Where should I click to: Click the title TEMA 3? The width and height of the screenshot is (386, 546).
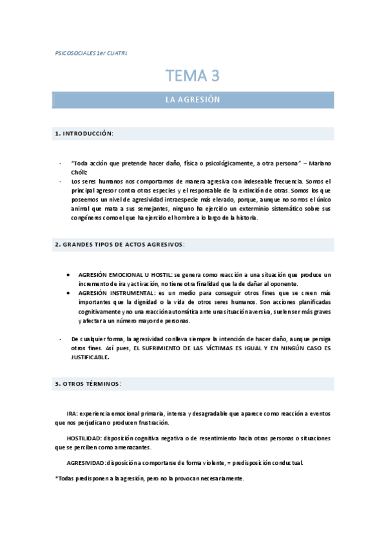[x=193, y=76]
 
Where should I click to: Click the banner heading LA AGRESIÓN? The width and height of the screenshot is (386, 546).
[x=193, y=100]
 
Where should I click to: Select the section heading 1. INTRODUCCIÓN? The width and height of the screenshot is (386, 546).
[x=84, y=134]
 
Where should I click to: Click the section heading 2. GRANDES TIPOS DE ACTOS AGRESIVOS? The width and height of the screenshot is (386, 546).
[x=120, y=245]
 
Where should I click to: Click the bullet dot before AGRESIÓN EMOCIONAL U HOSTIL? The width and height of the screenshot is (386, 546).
[x=69, y=274]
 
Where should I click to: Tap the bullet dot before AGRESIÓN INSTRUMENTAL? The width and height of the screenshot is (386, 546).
[x=69, y=292]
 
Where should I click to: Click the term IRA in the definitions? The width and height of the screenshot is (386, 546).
[x=72, y=413]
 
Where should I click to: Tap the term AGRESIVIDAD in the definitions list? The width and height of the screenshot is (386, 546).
[x=87, y=462]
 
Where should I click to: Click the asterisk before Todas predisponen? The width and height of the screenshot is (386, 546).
[x=57, y=478]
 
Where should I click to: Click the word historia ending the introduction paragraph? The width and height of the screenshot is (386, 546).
[x=244, y=218]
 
